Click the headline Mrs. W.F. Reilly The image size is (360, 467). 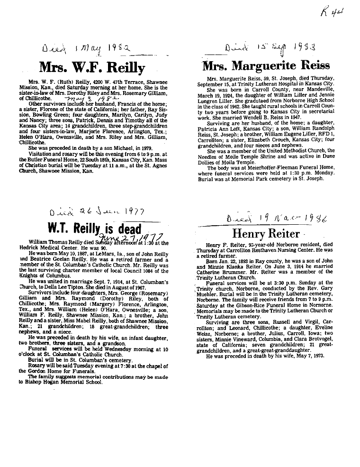91,67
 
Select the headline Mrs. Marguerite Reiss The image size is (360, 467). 266,64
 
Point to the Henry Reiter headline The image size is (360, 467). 266,233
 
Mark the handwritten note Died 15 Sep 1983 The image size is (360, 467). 271,47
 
